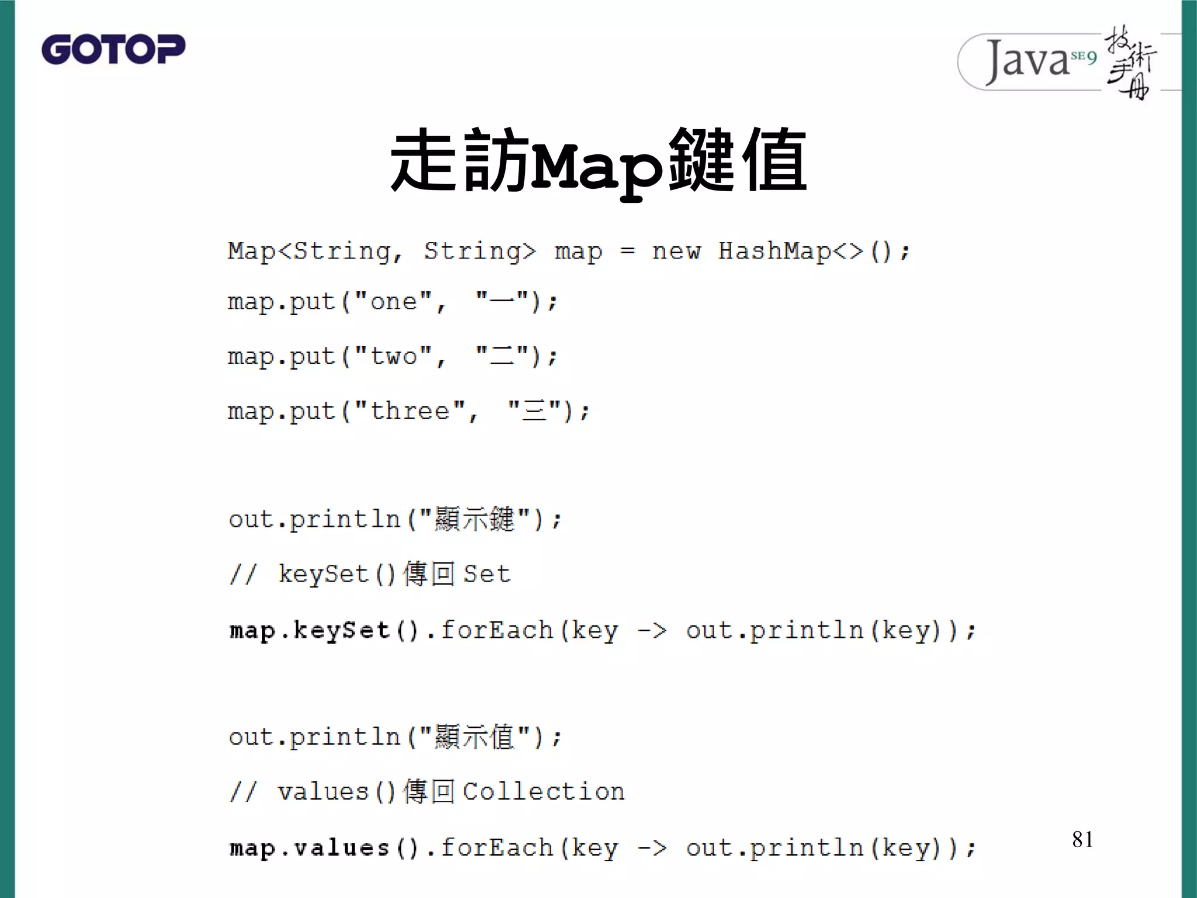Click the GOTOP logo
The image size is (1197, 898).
tap(113, 49)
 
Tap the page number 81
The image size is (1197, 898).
tap(1082, 840)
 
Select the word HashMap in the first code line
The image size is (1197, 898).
tap(774, 251)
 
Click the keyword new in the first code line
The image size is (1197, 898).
tap(676, 251)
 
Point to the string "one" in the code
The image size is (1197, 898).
tap(393, 302)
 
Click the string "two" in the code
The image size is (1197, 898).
tap(393, 356)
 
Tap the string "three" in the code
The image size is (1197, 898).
tap(409, 411)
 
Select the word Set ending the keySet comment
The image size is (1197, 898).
tap(487, 574)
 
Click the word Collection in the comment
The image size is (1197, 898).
tap(544, 792)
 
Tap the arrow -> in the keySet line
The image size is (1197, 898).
tap(652, 630)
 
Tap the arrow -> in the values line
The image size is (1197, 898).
tap(652, 848)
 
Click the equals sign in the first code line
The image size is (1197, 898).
tap(627, 251)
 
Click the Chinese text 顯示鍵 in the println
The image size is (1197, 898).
tap(474, 519)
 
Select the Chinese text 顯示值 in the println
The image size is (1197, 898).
tap(474, 737)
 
